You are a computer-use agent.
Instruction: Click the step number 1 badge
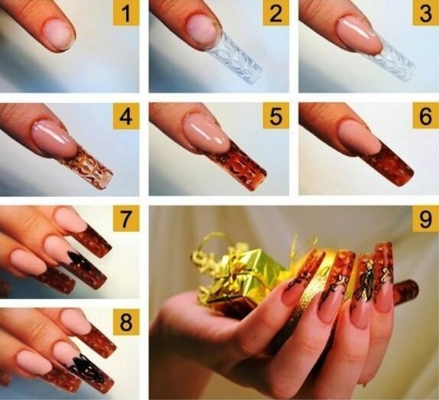click(126, 13)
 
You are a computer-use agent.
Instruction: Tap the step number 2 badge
click(276, 13)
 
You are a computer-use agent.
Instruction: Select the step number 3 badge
click(426, 13)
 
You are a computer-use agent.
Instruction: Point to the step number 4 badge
click(126, 116)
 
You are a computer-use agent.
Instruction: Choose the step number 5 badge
click(276, 116)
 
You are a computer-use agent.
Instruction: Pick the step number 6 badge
click(426, 116)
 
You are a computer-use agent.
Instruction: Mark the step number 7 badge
click(126, 219)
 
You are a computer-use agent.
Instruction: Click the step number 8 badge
click(126, 322)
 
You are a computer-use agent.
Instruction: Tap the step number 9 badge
click(426, 219)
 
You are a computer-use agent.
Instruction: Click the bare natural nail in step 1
click(60, 36)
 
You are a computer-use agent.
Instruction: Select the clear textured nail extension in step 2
click(236, 58)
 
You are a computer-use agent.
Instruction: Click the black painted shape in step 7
click(79, 261)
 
